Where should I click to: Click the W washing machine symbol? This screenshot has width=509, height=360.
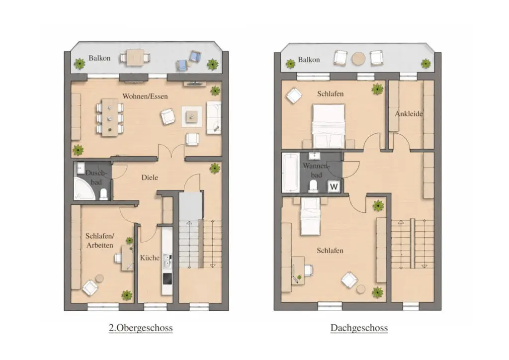334,186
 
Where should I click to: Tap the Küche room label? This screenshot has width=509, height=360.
150,258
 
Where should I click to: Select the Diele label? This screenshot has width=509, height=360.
150,177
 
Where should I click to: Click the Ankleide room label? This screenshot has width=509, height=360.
409,113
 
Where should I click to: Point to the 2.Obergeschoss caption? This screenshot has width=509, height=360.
141,328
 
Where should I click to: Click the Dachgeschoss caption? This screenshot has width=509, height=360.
359,328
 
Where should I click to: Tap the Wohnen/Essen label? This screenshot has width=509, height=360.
145,96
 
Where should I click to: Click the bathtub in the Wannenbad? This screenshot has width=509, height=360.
290,173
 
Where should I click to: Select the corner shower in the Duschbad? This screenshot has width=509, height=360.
84,188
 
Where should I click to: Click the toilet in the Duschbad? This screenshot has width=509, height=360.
103,194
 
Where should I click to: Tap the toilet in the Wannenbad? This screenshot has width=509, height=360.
313,186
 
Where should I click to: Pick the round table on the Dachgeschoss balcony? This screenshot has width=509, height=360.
358,59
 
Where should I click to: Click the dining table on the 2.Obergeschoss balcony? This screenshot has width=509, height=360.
135,58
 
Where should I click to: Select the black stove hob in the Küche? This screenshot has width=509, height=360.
167,278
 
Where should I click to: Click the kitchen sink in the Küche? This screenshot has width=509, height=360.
167,261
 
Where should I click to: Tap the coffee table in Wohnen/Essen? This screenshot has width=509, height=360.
191,116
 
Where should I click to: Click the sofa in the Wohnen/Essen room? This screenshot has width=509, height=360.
214,117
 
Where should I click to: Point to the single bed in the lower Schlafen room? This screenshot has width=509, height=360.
311,216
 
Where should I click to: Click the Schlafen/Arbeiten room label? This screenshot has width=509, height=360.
99,241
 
